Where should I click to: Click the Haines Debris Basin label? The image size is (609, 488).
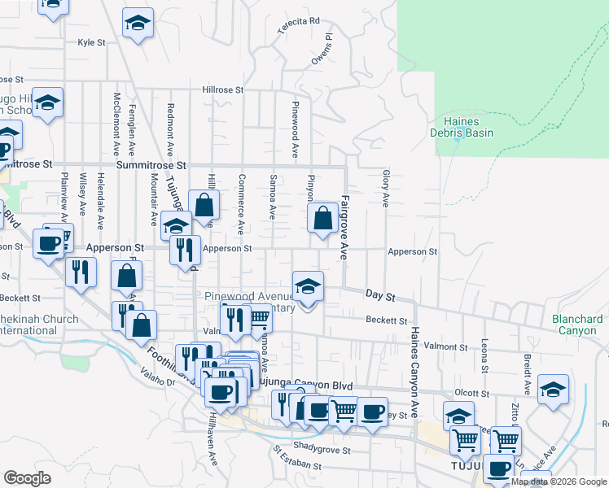pyautogui.click(x=462, y=126)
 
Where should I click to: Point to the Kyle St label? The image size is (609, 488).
pyautogui.click(x=91, y=42)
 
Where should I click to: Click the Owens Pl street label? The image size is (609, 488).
pyautogui.click(x=322, y=49)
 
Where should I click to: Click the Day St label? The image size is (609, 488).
pyautogui.click(x=379, y=293)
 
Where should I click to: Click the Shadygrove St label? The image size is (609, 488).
pyautogui.click(x=322, y=450)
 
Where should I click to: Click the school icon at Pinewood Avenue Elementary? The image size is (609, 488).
pyautogui.click(x=308, y=286)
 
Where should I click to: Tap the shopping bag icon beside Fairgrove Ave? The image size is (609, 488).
pyautogui.click(x=323, y=217)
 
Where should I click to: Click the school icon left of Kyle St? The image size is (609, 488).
pyautogui.click(x=138, y=24)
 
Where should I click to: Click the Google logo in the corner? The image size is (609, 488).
pyautogui.click(x=27, y=478)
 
